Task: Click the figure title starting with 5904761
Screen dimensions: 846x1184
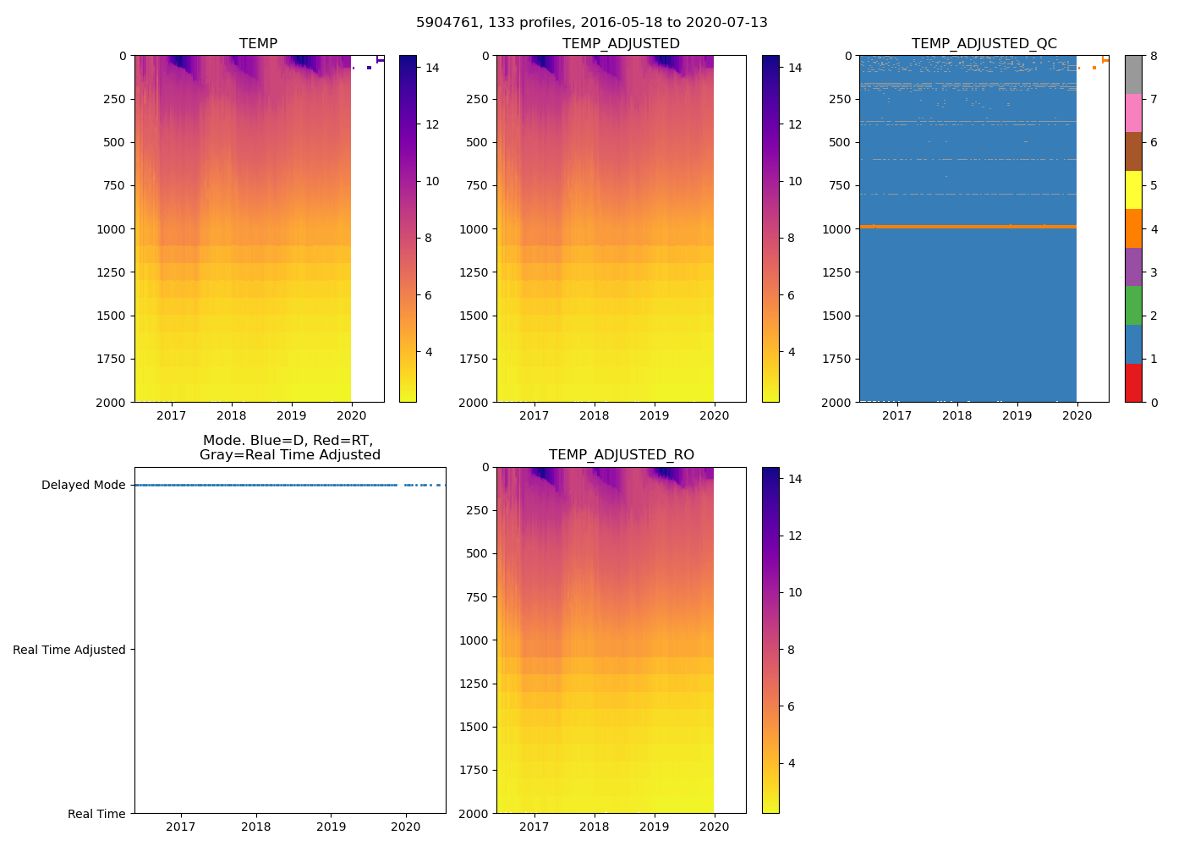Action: pyautogui.click(x=592, y=23)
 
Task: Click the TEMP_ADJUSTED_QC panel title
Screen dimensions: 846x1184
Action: pyautogui.click(x=984, y=44)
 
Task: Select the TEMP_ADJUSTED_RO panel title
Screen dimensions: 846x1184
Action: pyautogui.click(x=621, y=455)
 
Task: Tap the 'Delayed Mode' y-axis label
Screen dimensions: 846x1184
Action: pyautogui.click(x=83, y=485)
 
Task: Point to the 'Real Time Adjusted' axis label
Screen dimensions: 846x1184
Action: pyautogui.click(x=69, y=650)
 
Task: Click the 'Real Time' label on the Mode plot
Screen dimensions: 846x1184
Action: pyautogui.click(x=96, y=814)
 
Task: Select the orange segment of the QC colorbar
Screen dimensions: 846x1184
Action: pyautogui.click(x=1133, y=228)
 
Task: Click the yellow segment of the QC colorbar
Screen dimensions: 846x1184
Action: pyautogui.click(x=1133, y=190)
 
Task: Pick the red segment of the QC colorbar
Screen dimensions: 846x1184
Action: pyautogui.click(x=1133, y=382)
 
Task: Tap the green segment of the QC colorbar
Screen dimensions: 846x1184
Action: pyautogui.click(x=1133, y=305)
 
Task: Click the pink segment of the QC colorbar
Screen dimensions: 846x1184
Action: pyautogui.click(x=1133, y=113)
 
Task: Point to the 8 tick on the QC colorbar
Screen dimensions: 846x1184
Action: pyautogui.click(x=1153, y=56)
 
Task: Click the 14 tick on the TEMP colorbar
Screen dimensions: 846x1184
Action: pyautogui.click(x=432, y=68)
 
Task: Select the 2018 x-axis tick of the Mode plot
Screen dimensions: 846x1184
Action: pyautogui.click(x=256, y=827)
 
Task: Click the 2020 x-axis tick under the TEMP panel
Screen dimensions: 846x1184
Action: pyautogui.click(x=352, y=415)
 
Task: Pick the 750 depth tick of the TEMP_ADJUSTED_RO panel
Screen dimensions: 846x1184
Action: pyautogui.click(x=477, y=597)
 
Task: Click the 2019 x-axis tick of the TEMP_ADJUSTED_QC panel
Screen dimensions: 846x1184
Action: pyautogui.click(x=1017, y=415)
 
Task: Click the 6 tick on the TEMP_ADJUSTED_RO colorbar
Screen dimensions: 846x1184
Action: pyautogui.click(x=792, y=706)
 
